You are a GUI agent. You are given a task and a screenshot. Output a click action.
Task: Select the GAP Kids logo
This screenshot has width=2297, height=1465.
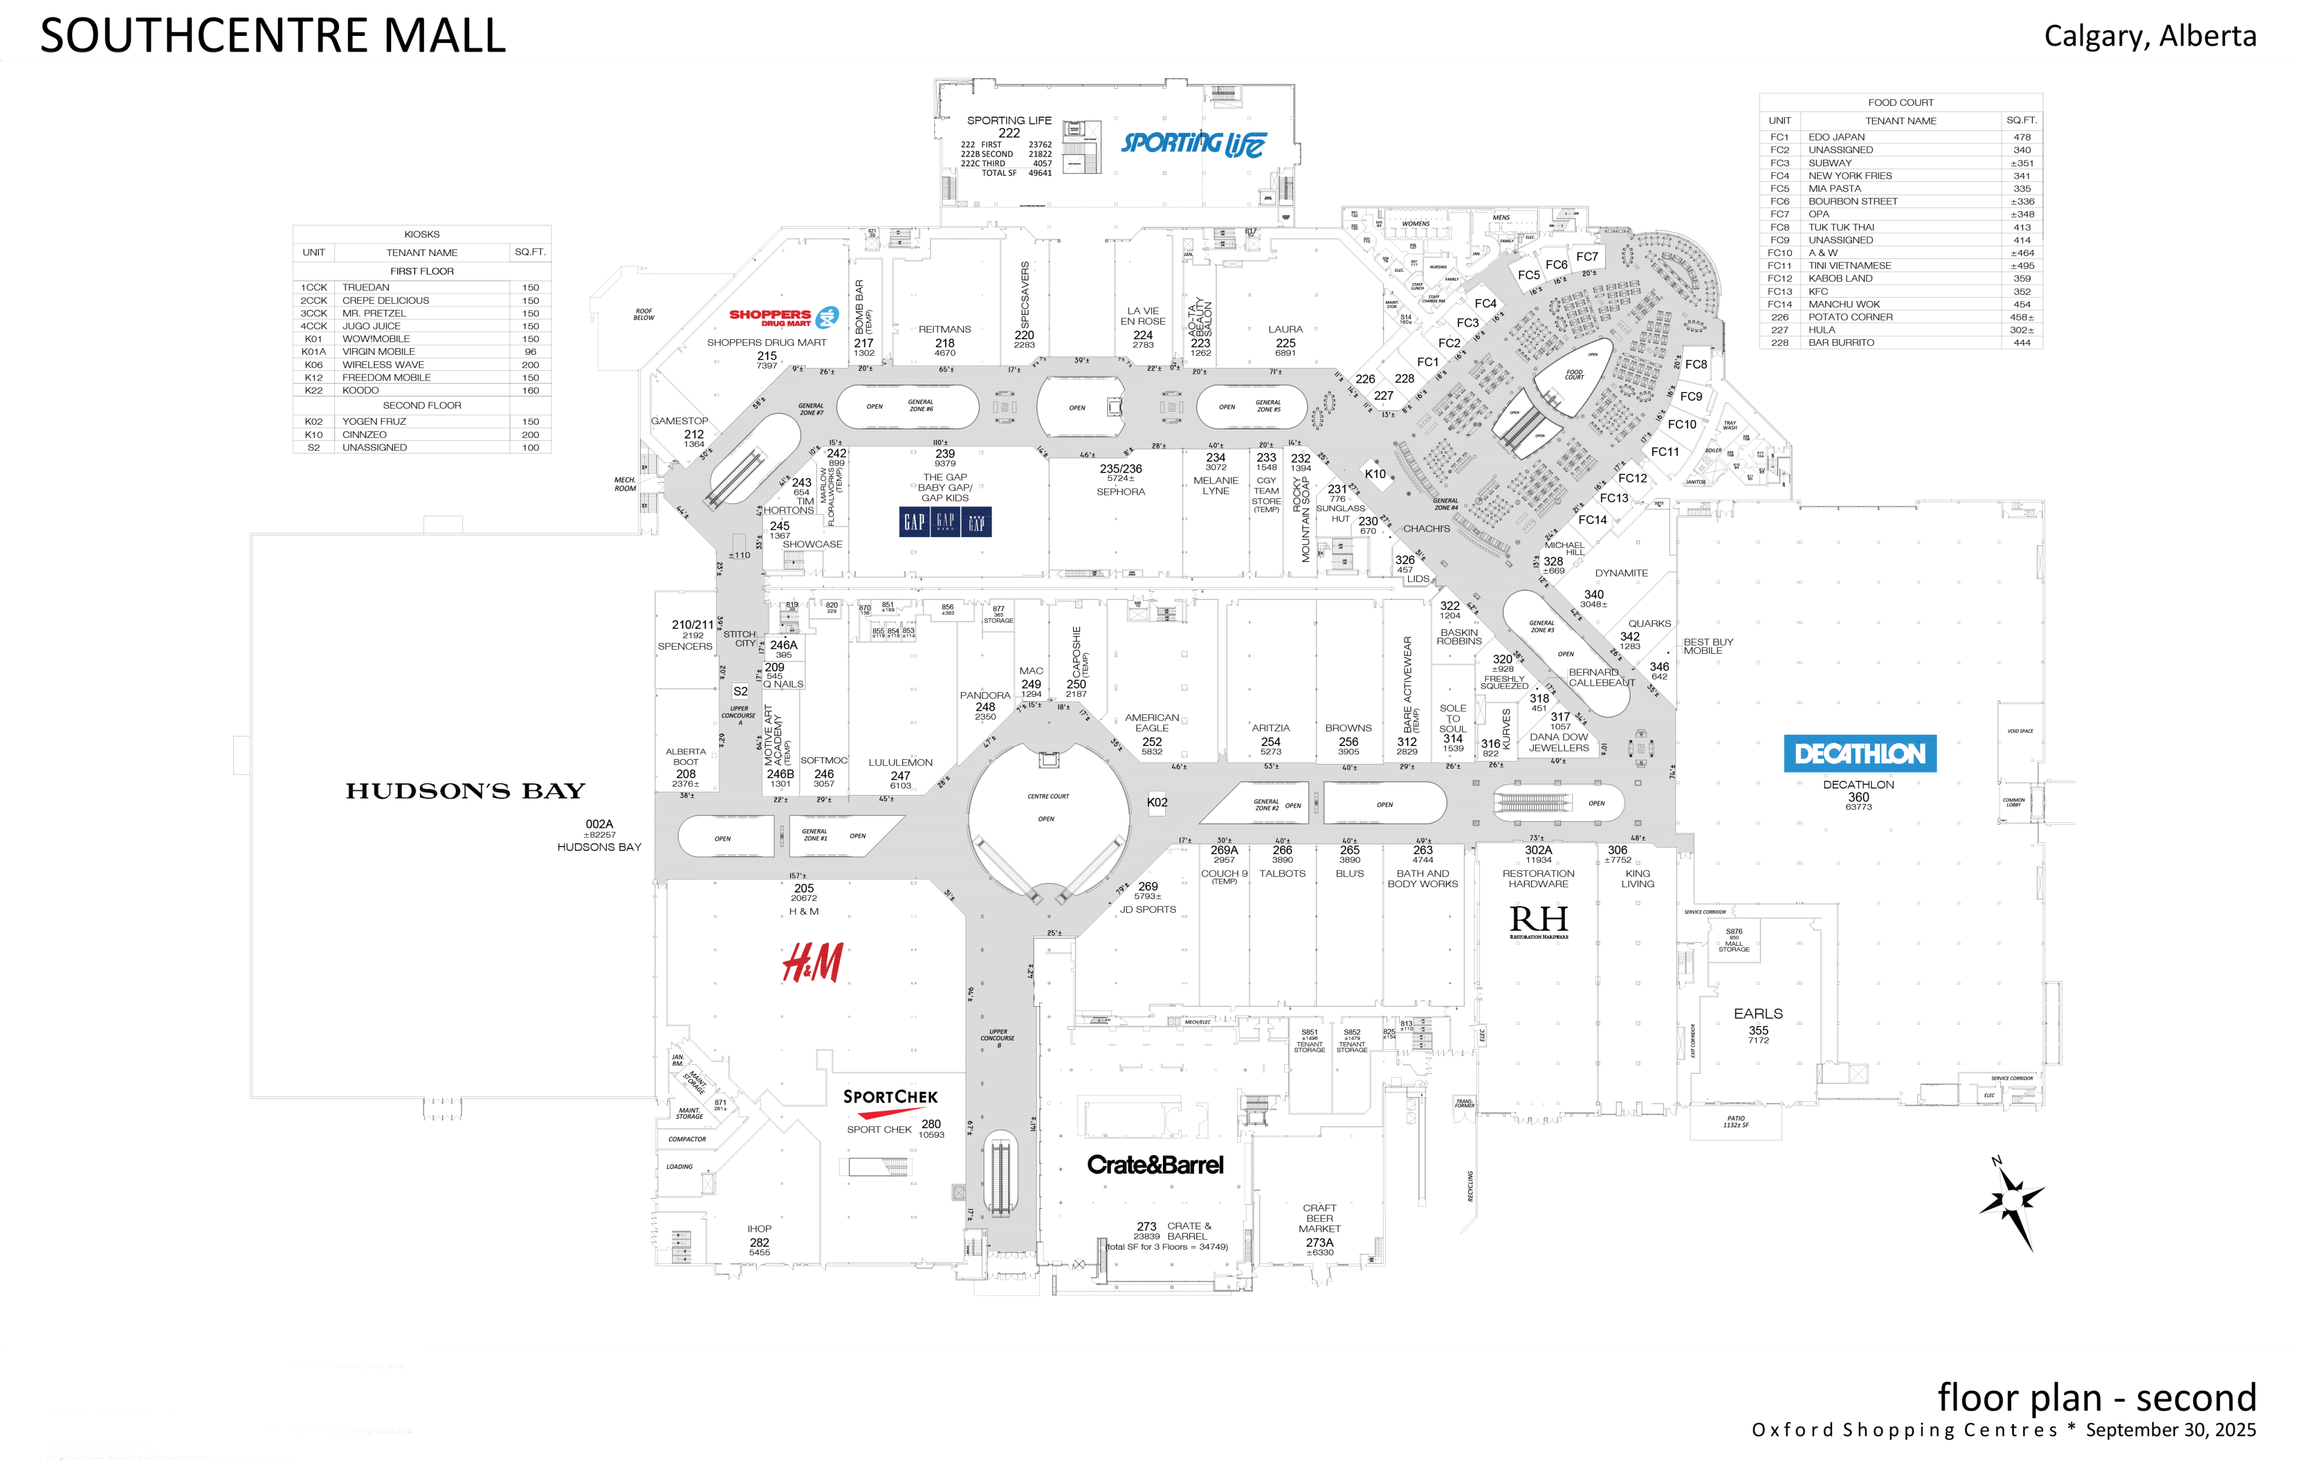945,521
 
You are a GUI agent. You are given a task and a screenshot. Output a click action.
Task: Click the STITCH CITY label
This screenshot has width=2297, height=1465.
739,638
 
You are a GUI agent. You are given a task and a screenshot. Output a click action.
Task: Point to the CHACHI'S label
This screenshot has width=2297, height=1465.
1426,528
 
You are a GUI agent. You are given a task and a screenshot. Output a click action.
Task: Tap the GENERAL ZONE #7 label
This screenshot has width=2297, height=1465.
811,409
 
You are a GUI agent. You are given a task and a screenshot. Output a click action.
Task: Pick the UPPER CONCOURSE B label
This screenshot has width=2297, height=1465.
998,1038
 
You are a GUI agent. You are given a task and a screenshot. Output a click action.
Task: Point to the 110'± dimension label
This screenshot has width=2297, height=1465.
940,443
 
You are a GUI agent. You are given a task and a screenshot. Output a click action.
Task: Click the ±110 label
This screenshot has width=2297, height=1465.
739,555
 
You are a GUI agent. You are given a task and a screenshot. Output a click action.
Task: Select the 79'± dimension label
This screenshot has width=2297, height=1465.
1122,889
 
